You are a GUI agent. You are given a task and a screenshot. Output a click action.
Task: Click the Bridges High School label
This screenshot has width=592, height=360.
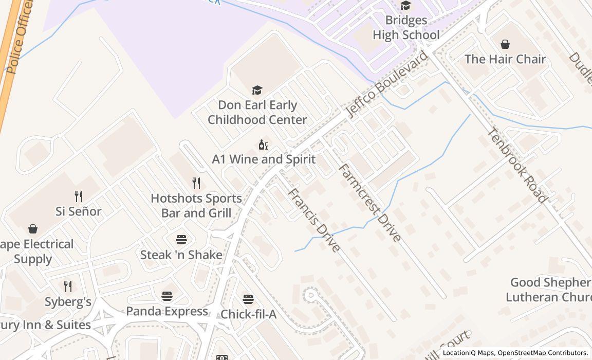click(x=406, y=27)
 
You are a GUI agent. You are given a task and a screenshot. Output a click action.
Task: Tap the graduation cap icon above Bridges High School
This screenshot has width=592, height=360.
click(x=406, y=6)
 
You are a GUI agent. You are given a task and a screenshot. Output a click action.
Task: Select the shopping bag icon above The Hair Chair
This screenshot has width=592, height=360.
click(x=505, y=44)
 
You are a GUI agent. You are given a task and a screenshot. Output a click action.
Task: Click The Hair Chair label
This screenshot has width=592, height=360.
click(x=505, y=59)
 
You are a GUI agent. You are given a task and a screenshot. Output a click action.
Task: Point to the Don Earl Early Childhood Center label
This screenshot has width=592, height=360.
click(x=257, y=112)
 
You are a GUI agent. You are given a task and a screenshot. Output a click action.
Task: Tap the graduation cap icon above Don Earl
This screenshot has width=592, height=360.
click(x=257, y=91)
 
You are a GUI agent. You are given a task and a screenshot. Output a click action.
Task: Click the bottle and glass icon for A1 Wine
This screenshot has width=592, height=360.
click(x=264, y=145)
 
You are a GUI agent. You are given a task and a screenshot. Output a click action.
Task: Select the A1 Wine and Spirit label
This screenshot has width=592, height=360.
click(x=264, y=159)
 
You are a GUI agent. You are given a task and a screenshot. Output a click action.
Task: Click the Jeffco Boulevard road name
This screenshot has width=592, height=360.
click(x=386, y=84)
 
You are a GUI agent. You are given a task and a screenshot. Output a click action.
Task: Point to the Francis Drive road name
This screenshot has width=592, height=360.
click(x=313, y=220)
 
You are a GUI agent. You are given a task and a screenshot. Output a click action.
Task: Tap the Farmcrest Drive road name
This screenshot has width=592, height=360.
click(x=369, y=203)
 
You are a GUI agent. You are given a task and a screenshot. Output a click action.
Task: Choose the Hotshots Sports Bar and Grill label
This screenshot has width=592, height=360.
click(x=196, y=205)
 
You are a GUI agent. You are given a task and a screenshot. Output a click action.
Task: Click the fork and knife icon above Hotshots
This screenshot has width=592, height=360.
click(x=196, y=183)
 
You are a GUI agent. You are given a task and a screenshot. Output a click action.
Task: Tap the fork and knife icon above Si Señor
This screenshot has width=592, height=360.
click(x=79, y=196)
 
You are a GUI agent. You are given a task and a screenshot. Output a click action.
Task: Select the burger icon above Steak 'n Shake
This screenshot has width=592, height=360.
click(x=181, y=240)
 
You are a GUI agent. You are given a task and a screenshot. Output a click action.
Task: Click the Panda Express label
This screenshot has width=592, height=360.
click(x=167, y=311)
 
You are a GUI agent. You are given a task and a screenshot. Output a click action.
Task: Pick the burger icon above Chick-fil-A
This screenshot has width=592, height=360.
click(x=248, y=299)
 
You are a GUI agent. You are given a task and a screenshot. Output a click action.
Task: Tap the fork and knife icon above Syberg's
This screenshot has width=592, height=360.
click(x=68, y=286)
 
